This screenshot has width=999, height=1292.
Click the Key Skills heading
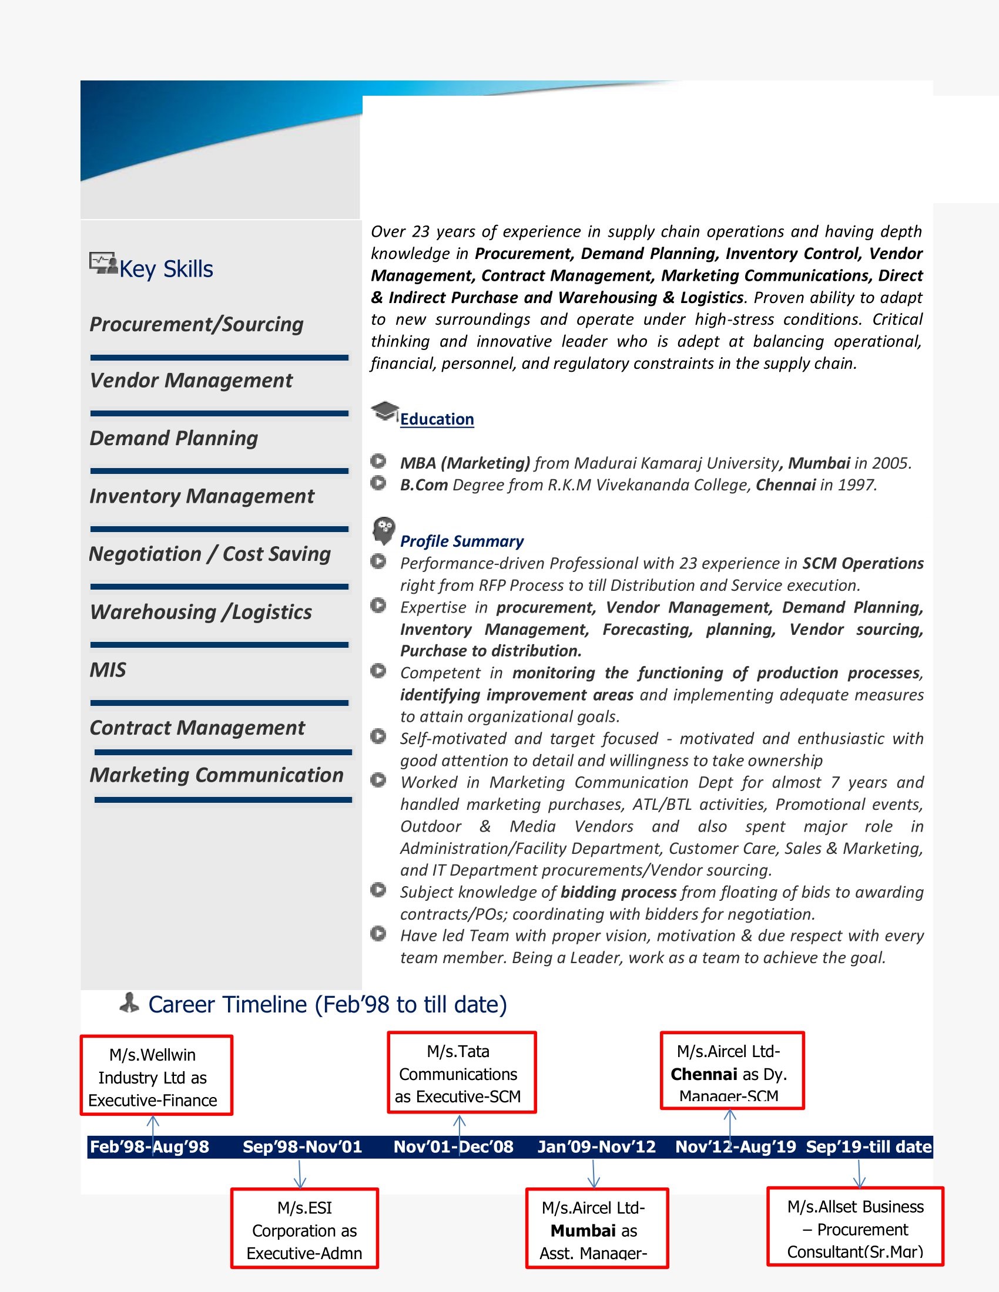point(166,269)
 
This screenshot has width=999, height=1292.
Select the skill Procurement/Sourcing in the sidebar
point(196,324)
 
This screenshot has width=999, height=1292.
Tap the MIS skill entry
point(108,669)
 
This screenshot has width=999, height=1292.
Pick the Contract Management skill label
point(197,728)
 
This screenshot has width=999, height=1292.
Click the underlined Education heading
point(437,419)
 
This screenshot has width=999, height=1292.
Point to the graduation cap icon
point(384,411)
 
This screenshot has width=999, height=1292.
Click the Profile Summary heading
point(462,541)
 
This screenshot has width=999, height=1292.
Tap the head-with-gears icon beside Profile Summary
point(384,530)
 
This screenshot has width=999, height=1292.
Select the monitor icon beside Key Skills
point(103,263)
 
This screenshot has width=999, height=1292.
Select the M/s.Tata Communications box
point(462,1073)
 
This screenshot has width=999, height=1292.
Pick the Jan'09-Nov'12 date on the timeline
point(596,1147)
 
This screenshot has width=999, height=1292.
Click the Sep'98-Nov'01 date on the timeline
point(302,1147)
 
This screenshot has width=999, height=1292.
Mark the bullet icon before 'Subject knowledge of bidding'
point(378,890)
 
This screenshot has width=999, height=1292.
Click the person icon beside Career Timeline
point(129,1003)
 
